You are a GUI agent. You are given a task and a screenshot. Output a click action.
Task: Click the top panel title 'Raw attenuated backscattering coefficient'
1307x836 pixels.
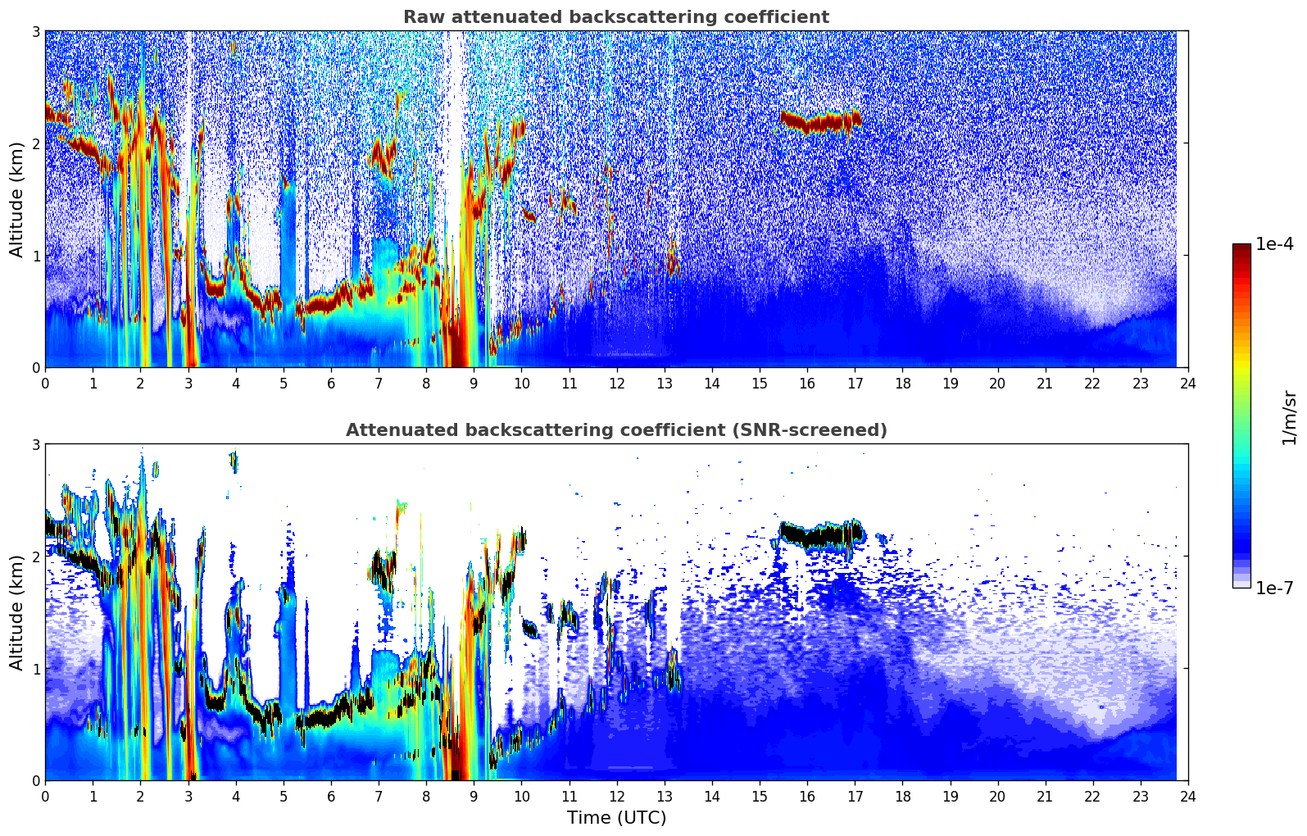tap(615, 17)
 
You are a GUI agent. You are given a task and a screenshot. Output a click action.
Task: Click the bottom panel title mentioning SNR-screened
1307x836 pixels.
tap(615, 430)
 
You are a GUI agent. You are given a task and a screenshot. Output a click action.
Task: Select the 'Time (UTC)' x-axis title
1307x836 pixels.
tap(616, 818)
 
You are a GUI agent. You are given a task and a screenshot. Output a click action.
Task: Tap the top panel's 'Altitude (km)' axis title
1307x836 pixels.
tap(17, 199)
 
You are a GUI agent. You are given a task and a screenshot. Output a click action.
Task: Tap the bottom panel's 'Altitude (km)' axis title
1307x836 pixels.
tap(17, 612)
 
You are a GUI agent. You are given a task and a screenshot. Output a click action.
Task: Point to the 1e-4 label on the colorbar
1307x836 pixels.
tap(1274, 244)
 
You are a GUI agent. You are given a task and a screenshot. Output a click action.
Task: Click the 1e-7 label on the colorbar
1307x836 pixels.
tap(1274, 588)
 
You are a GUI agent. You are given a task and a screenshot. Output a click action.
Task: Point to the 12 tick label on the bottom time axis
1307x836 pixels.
tap(616, 797)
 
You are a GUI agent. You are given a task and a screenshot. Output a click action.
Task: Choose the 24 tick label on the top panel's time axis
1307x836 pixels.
tap(1187, 384)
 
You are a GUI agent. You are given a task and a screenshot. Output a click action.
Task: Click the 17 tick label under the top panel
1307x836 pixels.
tap(855, 384)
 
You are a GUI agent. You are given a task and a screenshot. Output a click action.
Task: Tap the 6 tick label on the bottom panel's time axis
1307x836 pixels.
tap(331, 797)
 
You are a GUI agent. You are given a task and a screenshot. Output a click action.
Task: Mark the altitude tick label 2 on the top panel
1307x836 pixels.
tap(35, 143)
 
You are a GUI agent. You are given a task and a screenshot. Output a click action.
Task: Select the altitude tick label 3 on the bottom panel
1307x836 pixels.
tap(35, 444)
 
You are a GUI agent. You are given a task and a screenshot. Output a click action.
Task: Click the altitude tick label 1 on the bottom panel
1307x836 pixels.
tap(35, 669)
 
